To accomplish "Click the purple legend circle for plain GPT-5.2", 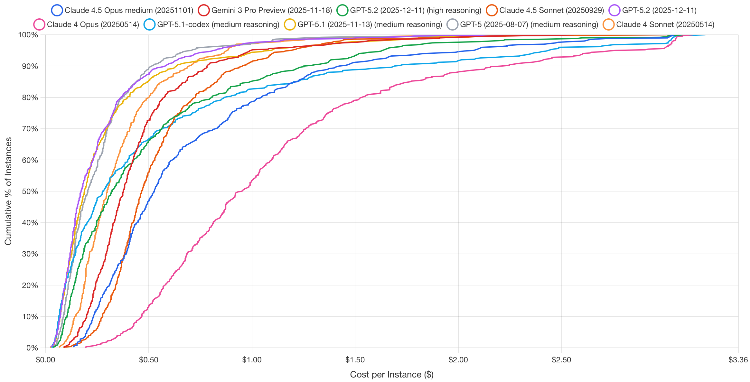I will (614, 10).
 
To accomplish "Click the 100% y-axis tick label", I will (28, 35).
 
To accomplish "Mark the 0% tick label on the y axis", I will (32, 348).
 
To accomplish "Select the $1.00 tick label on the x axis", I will (252, 360).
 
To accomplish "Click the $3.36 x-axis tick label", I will (738, 360).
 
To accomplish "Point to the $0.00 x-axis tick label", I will (45, 360).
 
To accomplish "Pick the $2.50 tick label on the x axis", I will (561, 360).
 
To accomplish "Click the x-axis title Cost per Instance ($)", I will (392, 375).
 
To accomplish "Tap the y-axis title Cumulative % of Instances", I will (8, 191).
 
